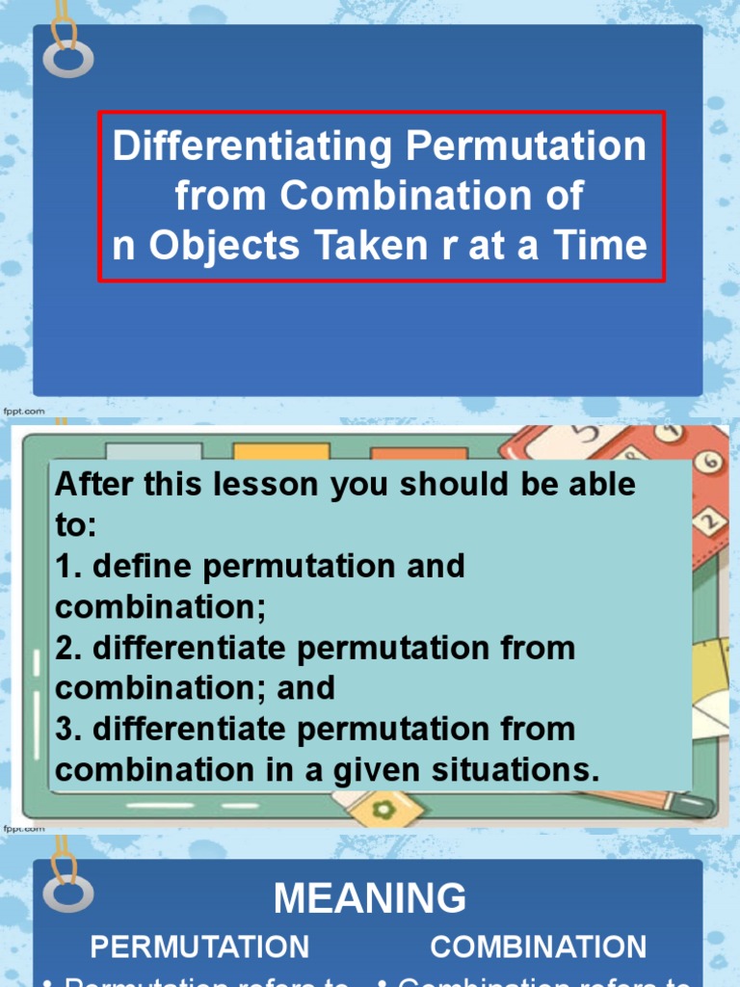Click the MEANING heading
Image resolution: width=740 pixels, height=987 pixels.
click(370, 898)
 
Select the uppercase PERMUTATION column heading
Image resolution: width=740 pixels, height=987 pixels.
click(199, 947)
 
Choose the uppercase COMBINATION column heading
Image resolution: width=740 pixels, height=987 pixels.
click(539, 947)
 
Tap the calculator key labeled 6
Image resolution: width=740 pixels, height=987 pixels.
click(711, 462)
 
